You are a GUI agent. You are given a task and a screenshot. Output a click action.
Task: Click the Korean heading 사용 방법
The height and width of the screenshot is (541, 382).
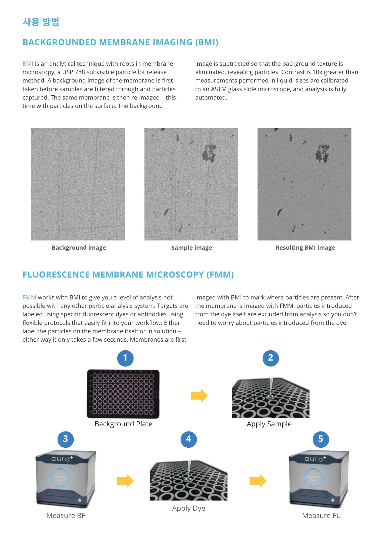(41, 22)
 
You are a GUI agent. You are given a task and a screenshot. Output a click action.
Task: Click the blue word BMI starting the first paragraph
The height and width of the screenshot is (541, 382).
(28, 64)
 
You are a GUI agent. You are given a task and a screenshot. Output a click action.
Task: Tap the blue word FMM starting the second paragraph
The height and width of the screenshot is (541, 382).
(29, 298)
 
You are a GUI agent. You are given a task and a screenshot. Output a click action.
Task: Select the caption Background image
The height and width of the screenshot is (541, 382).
(79, 248)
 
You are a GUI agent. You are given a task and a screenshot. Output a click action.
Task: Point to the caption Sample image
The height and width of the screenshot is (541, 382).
(192, 248)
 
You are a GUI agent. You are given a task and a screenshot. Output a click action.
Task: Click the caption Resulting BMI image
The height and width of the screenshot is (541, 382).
(305, 248)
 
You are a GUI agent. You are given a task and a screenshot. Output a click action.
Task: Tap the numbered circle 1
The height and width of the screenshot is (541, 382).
(125, 358)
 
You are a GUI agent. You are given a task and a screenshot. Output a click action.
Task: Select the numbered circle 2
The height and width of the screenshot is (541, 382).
(270, 358)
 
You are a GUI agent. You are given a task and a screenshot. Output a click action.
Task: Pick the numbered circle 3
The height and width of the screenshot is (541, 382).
(65, 439)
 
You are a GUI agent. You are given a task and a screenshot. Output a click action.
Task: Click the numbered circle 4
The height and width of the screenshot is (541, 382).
(189, 439)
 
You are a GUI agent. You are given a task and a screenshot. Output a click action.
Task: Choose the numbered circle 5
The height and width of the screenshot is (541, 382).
(321, 439)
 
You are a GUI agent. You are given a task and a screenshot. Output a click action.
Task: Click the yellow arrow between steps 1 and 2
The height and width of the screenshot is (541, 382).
(199, 396)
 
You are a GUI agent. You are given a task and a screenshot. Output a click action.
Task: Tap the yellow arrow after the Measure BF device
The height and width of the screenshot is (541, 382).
(125, 481)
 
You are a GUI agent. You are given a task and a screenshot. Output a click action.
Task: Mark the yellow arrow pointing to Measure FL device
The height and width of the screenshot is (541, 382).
(258, 481)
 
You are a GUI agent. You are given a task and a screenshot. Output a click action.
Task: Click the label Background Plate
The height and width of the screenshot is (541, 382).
(123, 424)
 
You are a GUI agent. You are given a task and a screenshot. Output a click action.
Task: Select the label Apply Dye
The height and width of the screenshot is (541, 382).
(189, 509)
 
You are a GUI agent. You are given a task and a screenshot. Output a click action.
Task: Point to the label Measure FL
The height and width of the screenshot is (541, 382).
(321, 516)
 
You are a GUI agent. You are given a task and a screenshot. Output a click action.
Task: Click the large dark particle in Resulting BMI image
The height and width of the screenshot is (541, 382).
(323, 153)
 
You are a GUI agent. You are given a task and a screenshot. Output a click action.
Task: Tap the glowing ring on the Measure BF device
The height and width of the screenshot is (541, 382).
(61, 477)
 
